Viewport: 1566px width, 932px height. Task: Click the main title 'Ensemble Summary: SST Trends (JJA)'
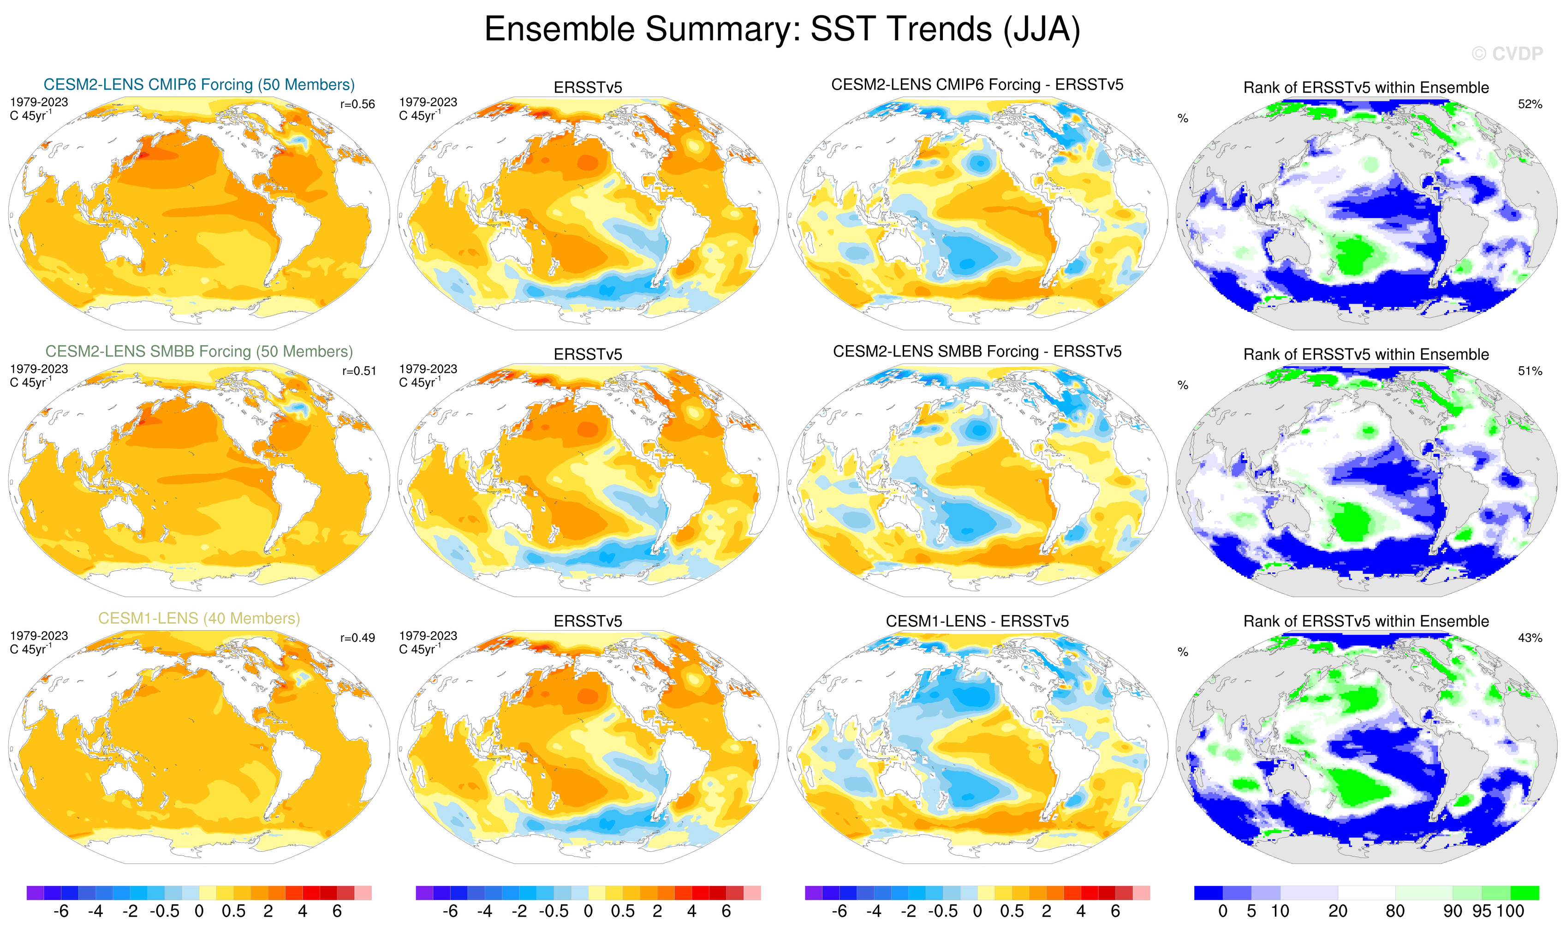click(x=782, y=29)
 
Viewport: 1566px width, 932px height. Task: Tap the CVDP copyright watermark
click(x=1506, y=54)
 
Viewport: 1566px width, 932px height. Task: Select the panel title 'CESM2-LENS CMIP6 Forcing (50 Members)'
click(x=199, y=85)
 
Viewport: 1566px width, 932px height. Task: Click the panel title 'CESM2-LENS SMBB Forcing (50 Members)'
click(x=199, y=352)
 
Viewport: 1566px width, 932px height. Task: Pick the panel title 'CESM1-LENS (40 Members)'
click(x=199, y=619)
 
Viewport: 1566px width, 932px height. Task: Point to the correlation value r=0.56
click(x=357, y=104)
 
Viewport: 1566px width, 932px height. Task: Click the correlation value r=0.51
click(x=358, y=371)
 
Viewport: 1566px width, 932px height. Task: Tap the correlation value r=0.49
click(x=357, y=638)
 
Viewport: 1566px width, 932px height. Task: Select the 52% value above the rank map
click(x=1530, y=104)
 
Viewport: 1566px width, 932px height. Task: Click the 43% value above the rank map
click(x=1530, y=638)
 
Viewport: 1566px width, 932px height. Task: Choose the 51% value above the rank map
click(x=1530, y=371)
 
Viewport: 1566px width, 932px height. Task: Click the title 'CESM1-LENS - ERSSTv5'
click(x=977, y=621)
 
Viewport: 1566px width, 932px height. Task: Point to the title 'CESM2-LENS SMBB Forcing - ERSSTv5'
click(x=977, y=352)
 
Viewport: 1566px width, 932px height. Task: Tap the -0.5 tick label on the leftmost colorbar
click(x=165, y=911)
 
